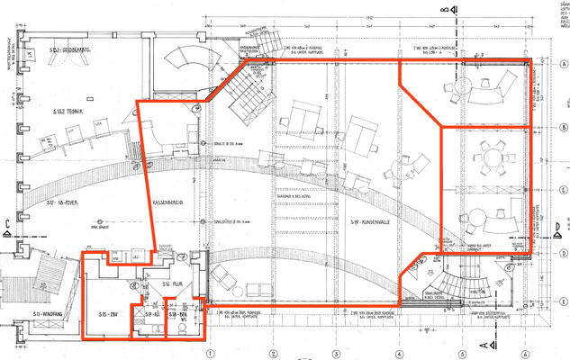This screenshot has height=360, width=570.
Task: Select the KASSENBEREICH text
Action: (167, 204)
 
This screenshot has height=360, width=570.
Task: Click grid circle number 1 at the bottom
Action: (209, 354)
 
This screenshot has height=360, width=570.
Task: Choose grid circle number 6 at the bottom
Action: (524, 354)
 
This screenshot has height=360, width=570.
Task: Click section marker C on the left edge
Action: (7, 225)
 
